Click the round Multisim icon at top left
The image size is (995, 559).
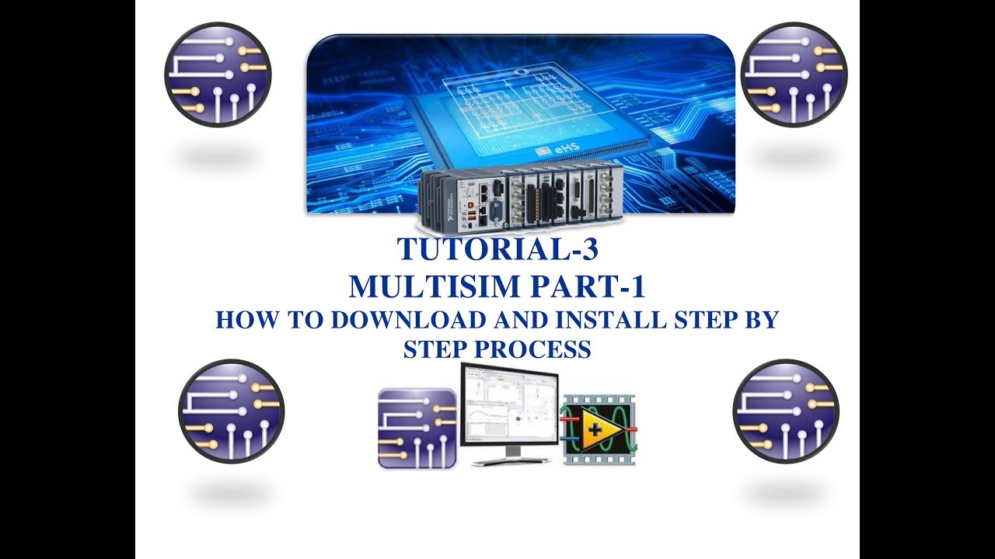pos(218,75)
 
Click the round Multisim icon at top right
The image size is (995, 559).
pos(794,75)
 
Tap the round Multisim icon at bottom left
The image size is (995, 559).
pos(231,411)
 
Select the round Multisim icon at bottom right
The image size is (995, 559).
pos(785,411)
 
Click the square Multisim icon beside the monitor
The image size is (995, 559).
pos(417,428)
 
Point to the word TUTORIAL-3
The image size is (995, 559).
pos(498,250)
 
